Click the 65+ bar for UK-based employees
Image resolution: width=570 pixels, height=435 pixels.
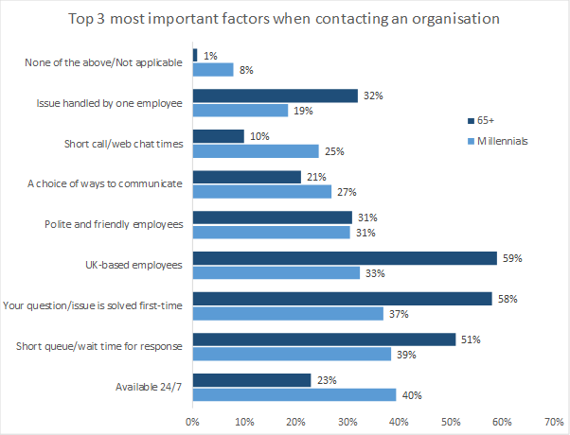pyautogui.click(x=345, y=258)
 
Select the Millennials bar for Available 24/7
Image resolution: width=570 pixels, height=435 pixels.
pyautogui.click(x=294, y=394)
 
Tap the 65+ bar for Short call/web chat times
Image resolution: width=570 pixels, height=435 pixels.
pyautogui.click(x=218, y=136)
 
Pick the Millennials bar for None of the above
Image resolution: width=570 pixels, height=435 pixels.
pyautogui.click(x=212, y=69)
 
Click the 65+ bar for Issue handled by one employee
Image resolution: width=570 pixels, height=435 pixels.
pyautogui.click(x=275, y=96)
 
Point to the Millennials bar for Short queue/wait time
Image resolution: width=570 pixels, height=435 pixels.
pyautogui.click(x=292, y=354)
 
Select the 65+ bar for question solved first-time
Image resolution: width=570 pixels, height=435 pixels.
pyautogui.click(x=342, y=299)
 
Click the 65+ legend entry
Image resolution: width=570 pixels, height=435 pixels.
pyautogui.click(x=482, y=121)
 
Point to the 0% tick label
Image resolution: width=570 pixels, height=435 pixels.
pyautogui.click(x=192, y=421)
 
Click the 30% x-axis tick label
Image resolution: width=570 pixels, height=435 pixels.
pyautogui.click(x=347, y=421)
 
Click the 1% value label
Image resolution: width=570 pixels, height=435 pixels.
pyautogui.click(x=208, y=56)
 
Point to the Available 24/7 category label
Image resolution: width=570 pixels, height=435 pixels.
pyautogui.click(x=150, y=387)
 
